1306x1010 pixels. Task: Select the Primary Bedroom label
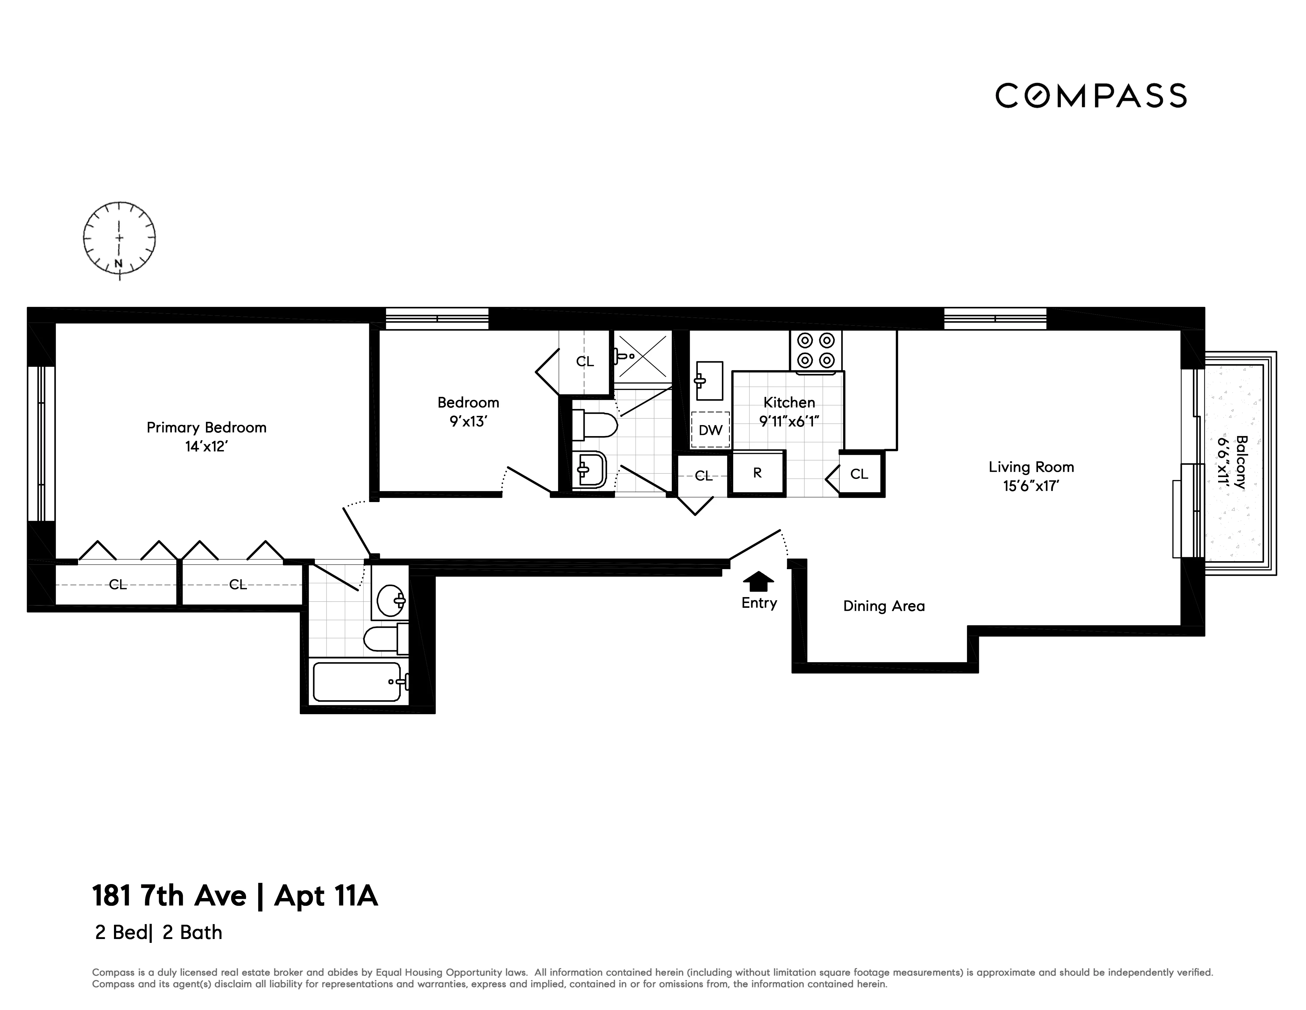(x=206, y=427)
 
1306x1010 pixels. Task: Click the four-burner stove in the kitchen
(x=816, y=351)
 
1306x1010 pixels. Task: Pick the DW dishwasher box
(x=710, y=430)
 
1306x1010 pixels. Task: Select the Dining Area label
(x=883, y=606)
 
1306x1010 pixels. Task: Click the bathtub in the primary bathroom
(x=357, y=681)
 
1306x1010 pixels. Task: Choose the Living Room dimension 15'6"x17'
(x=1031, y=486)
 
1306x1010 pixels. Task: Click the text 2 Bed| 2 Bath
(x=159, y=932)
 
